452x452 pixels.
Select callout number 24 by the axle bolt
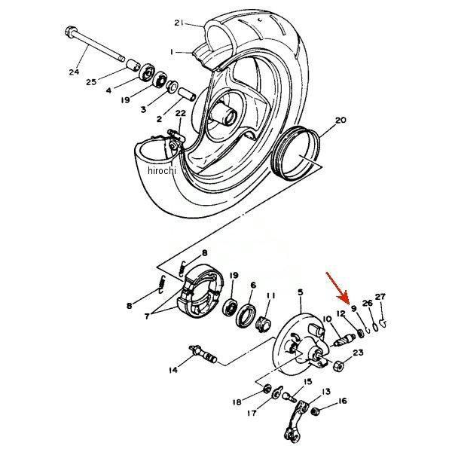coord(73,72)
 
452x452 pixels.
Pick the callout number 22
coord(180,113)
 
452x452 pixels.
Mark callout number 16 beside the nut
coord(344,402)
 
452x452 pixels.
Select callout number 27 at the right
coord(380,296)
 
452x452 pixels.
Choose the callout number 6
coord(253,286)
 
